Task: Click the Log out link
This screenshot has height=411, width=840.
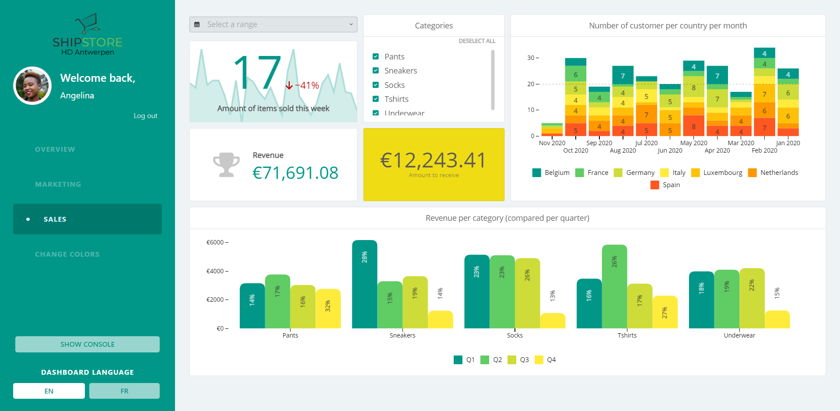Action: tap(145, 116)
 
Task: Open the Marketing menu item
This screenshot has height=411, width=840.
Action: tap(58, 185)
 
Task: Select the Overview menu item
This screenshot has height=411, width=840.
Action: tap(55, 150)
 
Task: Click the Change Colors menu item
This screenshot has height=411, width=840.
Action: tap(67, 254)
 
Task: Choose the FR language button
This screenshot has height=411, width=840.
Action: tap(124, 391)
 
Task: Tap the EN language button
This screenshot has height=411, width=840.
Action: tap(49, 391)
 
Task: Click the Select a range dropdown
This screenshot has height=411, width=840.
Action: tap(273, 24)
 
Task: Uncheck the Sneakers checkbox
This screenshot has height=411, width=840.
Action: tap(375, 71)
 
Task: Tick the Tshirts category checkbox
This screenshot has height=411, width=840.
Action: tap(375, 99)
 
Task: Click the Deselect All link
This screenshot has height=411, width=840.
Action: tap(477, 41)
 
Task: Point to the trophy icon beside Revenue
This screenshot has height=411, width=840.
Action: tap(226, 165)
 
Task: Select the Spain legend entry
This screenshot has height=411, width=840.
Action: tap(665, 185)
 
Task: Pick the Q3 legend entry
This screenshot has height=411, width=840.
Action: tap(518, 360)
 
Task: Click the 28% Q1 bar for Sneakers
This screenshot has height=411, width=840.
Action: tap(364, 284)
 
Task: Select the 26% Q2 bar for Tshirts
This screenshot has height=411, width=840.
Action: tap(614, 286)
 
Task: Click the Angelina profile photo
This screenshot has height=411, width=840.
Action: tap(32, 86)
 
